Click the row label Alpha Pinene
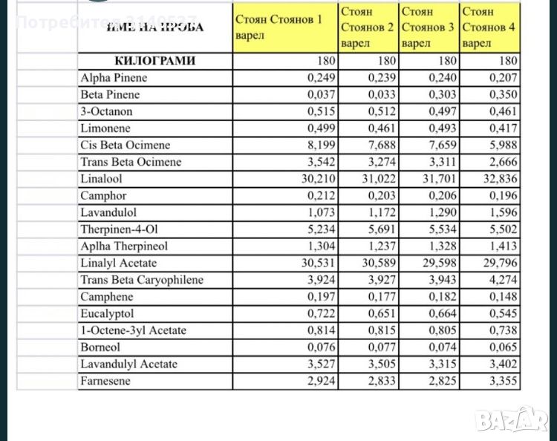click(x=114, y=78)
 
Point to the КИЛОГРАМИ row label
click(x=154, y=61)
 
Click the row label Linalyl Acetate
click(x=118, y=263)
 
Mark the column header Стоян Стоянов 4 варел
click(x=488, y=27)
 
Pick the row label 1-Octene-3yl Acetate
click(x=133, y=330)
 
